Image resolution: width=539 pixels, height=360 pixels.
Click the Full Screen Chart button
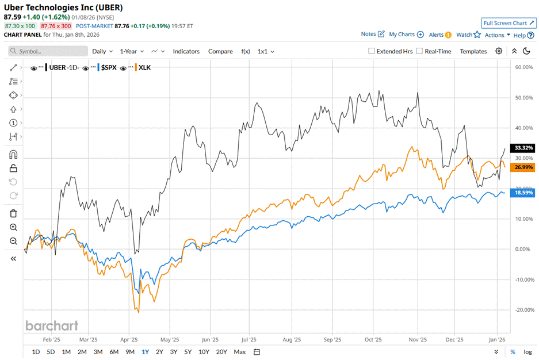click(x=509, y=23)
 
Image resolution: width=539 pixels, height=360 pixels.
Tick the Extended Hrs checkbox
click(x=372, y=51)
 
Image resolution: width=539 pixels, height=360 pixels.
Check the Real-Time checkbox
click(x=419, y=51)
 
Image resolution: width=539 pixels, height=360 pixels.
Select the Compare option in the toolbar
click(x=220, y=51)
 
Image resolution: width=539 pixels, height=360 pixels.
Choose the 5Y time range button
click(x=188, y=351)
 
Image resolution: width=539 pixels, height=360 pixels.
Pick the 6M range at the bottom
click(x=113, y=351)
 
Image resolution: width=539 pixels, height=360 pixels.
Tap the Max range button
click(x=240, y=351)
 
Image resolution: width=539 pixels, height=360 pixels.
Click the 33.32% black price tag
click(x=523, y=148)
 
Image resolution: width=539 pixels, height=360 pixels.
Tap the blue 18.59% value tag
click(x=523, y=193)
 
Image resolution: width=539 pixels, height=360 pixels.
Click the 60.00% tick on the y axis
click(x=522, y=67)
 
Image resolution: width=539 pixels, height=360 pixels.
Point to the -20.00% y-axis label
click(x=522, y=310)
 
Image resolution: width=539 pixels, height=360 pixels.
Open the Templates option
click(x=473, y=51)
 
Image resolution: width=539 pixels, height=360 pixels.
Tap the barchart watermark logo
click(x=51, y=325)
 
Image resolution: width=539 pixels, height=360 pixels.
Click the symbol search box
click(x=48, y=51)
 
